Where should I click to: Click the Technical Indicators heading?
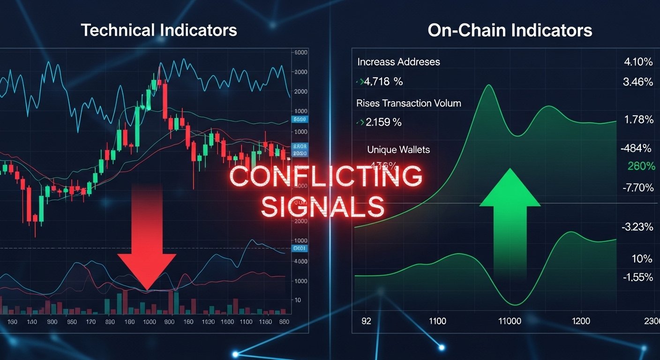click(x=159, y=30)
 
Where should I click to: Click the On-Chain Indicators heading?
click(x=510, y=30)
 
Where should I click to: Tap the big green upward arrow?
click(x=510, y=220)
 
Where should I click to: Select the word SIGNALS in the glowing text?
click(x=322, y=207)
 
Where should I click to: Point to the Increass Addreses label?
click(x=398, y=62)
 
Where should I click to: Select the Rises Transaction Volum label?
click(x=409, y=103)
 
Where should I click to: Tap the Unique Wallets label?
click(x=398, y=150)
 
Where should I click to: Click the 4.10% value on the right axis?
click(x=638, y=61)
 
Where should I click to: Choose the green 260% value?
click(x=641, y=166)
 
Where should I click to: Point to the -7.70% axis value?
click(x=638, y=188)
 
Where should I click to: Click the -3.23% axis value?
click(x=637, y=227)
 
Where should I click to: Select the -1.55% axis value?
click(x=638, y=277)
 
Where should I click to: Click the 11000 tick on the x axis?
click(x=510, y=322)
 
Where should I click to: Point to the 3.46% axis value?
click(x=638, y=82)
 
